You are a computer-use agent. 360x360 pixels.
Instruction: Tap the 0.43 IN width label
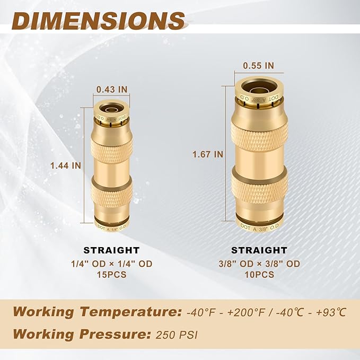click(111, 90)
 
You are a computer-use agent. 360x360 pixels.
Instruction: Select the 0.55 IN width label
click(258, 66)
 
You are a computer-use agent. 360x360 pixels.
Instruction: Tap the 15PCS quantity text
click(111, 274)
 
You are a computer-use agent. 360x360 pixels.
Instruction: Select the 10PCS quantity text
click(259, 274)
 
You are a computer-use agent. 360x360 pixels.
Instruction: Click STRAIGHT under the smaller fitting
click(111, 250)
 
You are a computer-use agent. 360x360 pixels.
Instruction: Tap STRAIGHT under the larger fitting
click(259, 250)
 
